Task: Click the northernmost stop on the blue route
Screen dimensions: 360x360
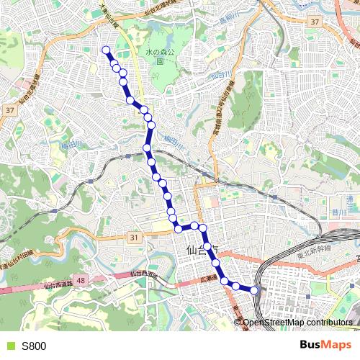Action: pos(107,50)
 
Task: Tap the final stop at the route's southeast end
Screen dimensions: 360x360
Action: pos(254,291)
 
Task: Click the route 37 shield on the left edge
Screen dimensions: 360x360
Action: pos(9,110)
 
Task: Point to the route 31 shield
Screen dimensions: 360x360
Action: pos(134,237)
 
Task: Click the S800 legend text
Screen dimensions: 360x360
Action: pos(34,346)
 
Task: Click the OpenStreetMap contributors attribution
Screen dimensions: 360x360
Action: pos(297,322)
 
